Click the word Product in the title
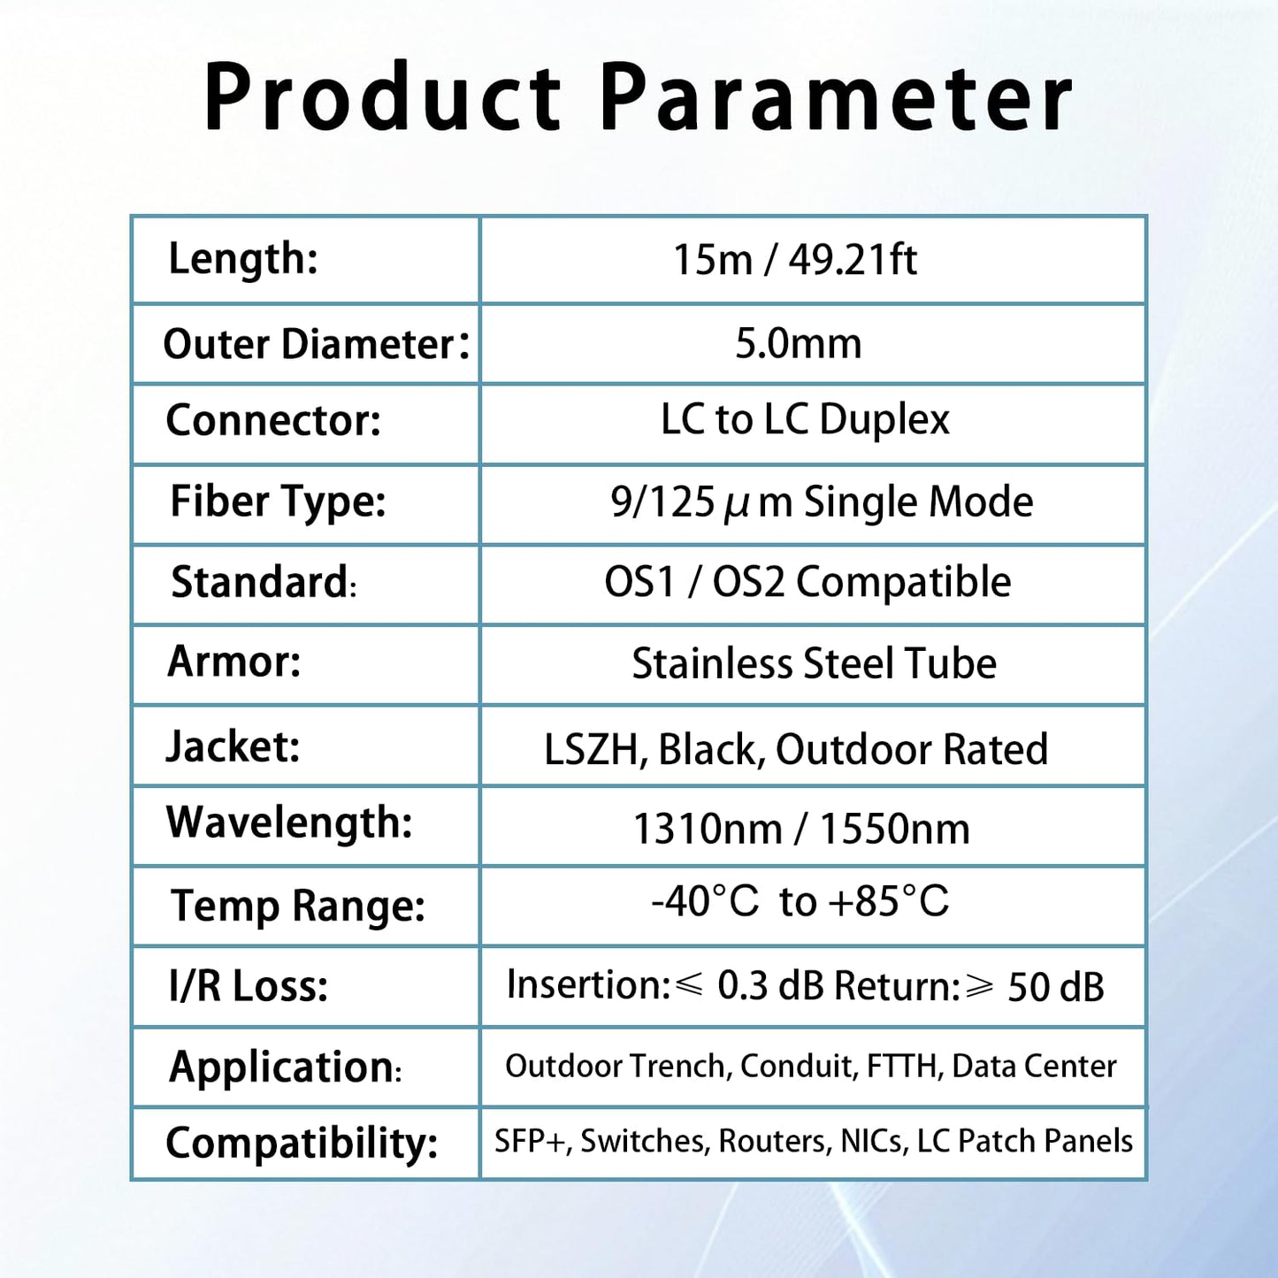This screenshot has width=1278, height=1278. point(382,98)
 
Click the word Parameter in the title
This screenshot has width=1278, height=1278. point(836,98)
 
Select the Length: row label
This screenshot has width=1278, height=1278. point(243,259)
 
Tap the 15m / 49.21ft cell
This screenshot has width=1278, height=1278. point(794,260)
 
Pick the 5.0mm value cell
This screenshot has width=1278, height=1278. point(798,343)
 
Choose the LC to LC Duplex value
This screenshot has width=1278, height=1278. point(805,419)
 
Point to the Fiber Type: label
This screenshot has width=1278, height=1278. point(278,501)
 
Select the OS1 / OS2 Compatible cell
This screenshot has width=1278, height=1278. point(807,582)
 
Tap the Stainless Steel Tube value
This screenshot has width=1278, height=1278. point(814,663)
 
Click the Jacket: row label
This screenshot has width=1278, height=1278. point(233,746)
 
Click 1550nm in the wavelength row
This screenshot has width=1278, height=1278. point(894,830)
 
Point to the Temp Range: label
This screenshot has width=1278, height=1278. point(298,906)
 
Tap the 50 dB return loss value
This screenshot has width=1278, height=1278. point(1056,987)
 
